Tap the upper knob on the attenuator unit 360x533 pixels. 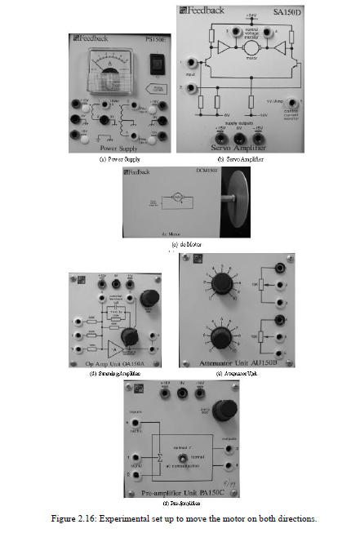click(x=216, y=285)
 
